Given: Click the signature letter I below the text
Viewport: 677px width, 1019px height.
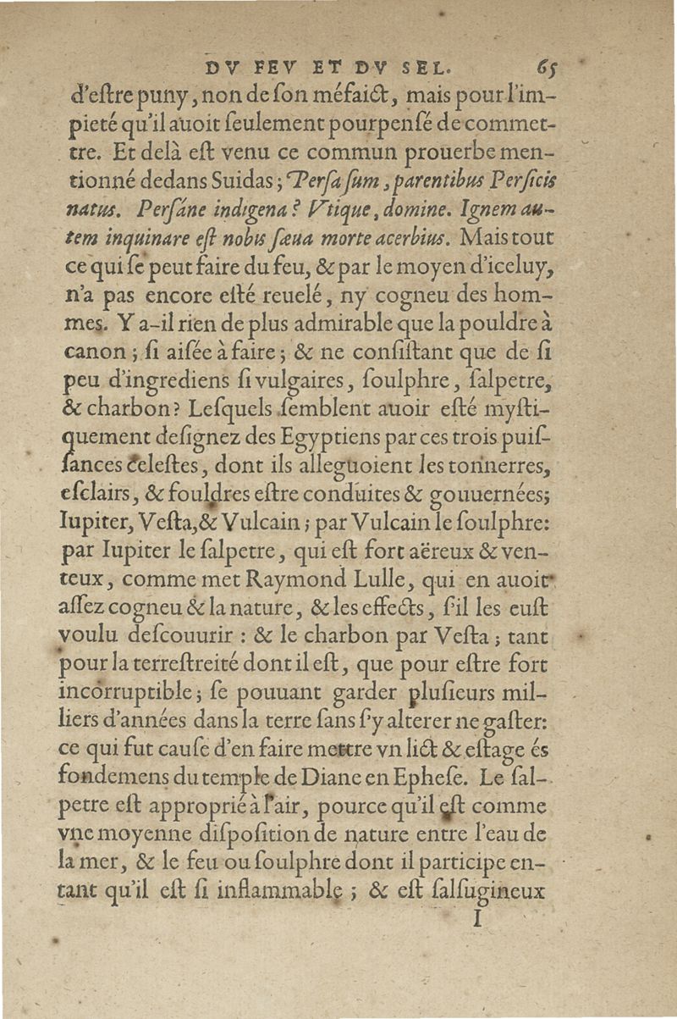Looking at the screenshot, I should [x=478, y=919].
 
